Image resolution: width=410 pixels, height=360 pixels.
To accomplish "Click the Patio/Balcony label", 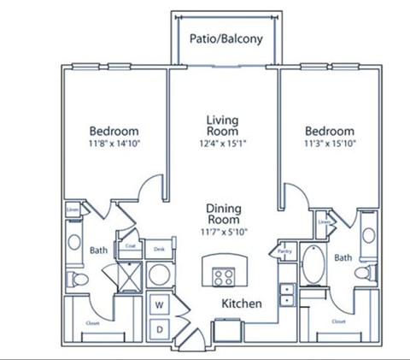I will (225, 38).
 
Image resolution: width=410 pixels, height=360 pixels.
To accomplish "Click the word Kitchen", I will (242, 304).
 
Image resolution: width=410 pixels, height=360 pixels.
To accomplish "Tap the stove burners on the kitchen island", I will (224, 275).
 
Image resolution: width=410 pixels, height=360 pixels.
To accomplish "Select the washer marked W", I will (160, 304).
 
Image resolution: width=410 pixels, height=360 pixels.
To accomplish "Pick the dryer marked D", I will (160, 328).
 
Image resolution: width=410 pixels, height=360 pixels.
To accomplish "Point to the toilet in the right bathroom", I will (364, 273).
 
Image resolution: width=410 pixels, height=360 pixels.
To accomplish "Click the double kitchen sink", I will (287, 295).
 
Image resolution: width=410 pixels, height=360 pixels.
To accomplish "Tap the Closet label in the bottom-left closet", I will (91, 322).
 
